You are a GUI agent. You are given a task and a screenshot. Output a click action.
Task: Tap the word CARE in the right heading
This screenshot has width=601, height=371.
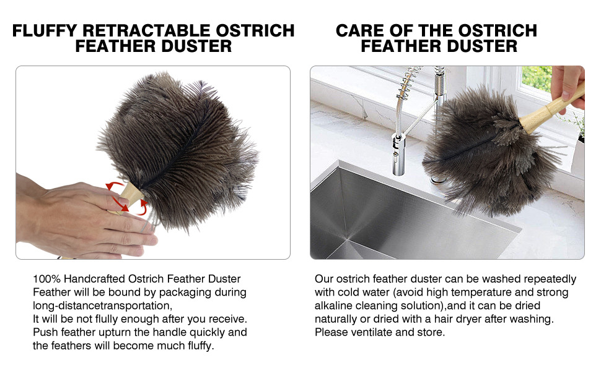359,30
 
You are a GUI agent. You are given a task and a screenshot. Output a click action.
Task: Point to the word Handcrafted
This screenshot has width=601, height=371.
95,279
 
